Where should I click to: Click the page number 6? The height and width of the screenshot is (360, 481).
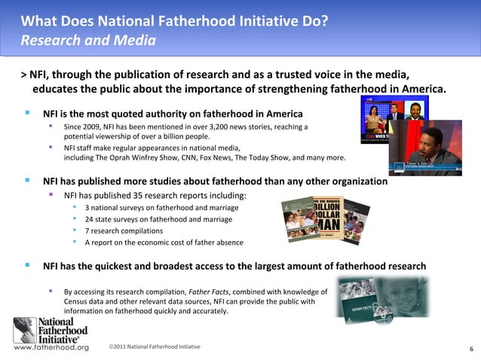471,349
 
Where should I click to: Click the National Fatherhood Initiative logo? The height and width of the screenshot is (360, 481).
51,329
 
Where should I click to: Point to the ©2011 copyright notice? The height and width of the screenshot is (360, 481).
154,346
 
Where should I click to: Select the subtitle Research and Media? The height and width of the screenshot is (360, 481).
87,39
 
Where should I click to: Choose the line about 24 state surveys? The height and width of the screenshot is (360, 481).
158,219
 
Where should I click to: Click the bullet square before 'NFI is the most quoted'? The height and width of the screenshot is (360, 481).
27,113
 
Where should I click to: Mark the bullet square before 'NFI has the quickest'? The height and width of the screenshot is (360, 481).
27,265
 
